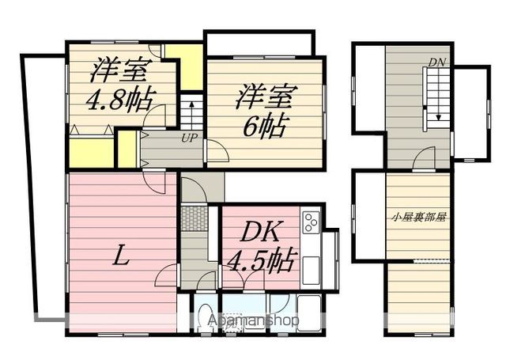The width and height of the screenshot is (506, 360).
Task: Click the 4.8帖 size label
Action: click(123, 102)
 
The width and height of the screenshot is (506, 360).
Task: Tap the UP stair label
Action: click(189, 138)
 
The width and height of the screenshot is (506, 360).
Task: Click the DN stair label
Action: click(436, 63)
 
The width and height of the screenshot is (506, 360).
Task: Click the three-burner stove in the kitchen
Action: click(309, 222)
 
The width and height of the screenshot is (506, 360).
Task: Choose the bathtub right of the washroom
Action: click(305, 313)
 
